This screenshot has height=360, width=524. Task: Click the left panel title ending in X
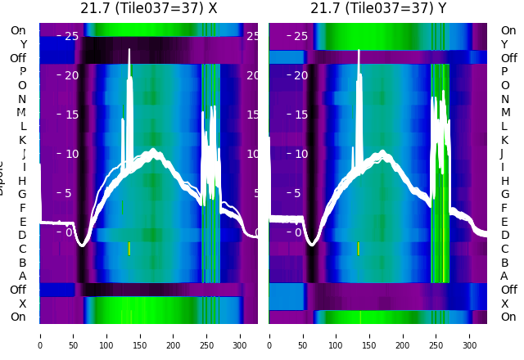click(x=148, y=8)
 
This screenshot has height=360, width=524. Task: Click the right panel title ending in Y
click(x=378, y=8)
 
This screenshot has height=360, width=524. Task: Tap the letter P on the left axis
click(x=22, y=72)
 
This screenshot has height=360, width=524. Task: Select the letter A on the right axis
click(x=504, y=276)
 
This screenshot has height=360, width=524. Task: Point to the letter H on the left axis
click(x=22, y=181)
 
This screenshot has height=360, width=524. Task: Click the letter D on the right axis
click(x=504, y=235)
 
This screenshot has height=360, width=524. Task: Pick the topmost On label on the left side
click(x=18, y=31)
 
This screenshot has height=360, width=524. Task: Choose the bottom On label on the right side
click(x=508, y=317)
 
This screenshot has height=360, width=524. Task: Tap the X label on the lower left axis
click(x=22, y=304)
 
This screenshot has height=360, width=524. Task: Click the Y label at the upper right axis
click(x=504, y=44)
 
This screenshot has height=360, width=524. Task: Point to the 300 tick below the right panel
click(x=470, y=335)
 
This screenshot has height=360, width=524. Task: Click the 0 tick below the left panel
click(x=40, y=335)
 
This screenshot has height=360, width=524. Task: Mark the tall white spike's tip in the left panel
click(x=129, y=50)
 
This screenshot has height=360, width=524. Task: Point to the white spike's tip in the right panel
click(x=359, y=52)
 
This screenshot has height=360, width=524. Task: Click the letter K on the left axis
click(x=22, y=140)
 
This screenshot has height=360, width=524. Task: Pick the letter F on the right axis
click(x=504, y=208)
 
